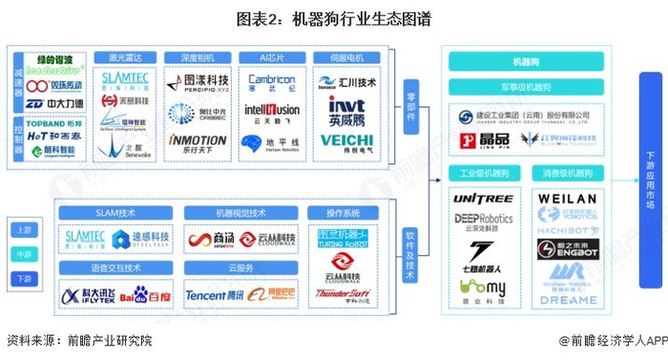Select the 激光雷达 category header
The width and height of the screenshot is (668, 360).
pyautogui.click(x=121, y=57)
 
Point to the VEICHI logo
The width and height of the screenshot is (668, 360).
pyautogui.click(x=347, y=142)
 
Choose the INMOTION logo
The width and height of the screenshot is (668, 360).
pyautogui.click(x=198, y=140)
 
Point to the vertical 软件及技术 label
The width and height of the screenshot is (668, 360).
pyautogui.click(x=410, y=253)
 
